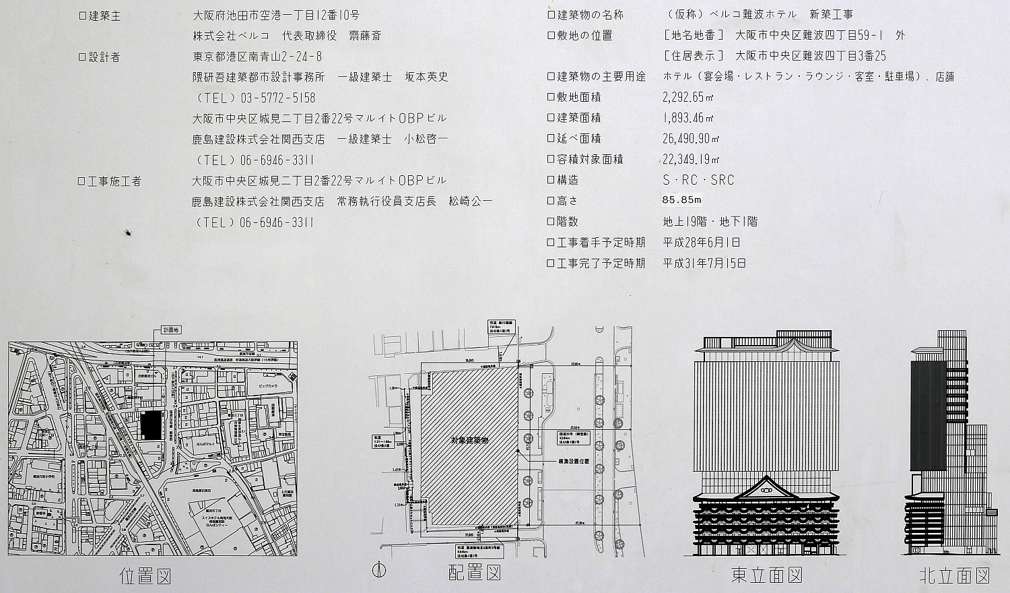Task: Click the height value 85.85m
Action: point(682,200)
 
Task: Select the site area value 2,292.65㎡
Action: point(688,97)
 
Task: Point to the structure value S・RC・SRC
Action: point(698,180)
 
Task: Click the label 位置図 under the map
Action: point(145,577)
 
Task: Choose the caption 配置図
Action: point(475,573)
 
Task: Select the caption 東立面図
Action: point(767,575)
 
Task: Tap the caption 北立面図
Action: point(954,575)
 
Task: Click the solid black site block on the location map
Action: point(151,425)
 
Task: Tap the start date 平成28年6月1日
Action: point(702,242)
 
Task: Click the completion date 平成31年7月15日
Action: point(704,263)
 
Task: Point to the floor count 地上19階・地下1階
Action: point(710,221)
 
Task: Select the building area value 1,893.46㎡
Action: point(688,118)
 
